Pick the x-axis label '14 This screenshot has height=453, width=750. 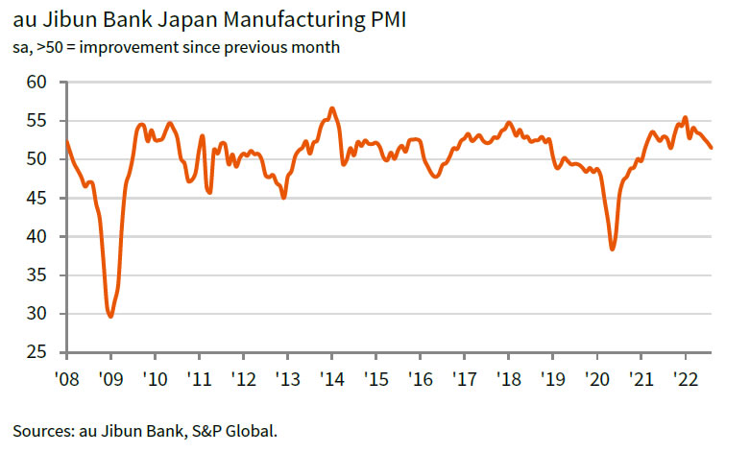pyautogui.click(x=331, y=378)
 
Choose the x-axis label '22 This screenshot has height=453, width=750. pyautogui.click(x=686, y=378)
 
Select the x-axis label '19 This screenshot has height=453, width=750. pyautogui.click(x=552, y=378)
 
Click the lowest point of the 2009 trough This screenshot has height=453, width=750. pyautogui.click(x=111, y=316)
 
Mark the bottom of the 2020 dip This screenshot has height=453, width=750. pyautogui.click(x=613, y=249)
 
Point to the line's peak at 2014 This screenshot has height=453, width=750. pyautogui.click(x=331, y=108)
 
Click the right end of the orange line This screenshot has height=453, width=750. pyautogui.click(x=712, y=148)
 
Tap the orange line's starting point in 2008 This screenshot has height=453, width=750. pyautogui.click(x=66, y=142)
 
